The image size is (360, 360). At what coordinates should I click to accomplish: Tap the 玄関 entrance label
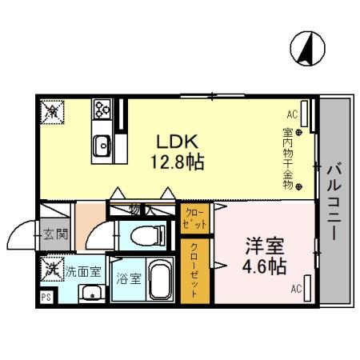pos(56,234)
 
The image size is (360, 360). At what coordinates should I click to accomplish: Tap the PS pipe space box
pos(45,295)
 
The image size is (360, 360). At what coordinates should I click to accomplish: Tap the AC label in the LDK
pos(291,114)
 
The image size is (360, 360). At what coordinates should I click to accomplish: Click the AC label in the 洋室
pos(295,289)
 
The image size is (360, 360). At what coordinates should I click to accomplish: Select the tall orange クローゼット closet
pos(194,270)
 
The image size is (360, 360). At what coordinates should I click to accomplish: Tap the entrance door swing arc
pos(18,238)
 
